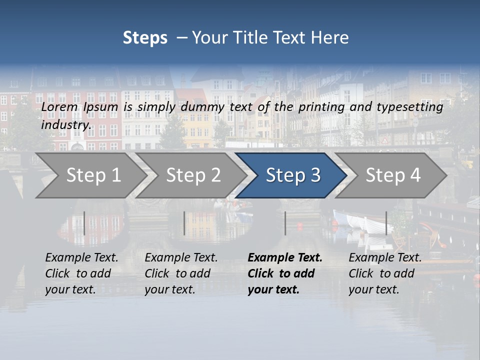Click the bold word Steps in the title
145,38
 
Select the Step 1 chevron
93,175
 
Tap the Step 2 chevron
193,175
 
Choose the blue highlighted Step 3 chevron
292,175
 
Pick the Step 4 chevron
393,175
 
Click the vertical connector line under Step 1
84,223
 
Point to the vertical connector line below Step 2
184,223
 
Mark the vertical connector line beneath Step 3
285,223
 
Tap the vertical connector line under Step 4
386,223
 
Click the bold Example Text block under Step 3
285,273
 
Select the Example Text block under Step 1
81,273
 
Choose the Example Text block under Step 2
181,273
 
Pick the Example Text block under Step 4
385,273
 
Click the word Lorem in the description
59,107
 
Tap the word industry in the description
66,124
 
